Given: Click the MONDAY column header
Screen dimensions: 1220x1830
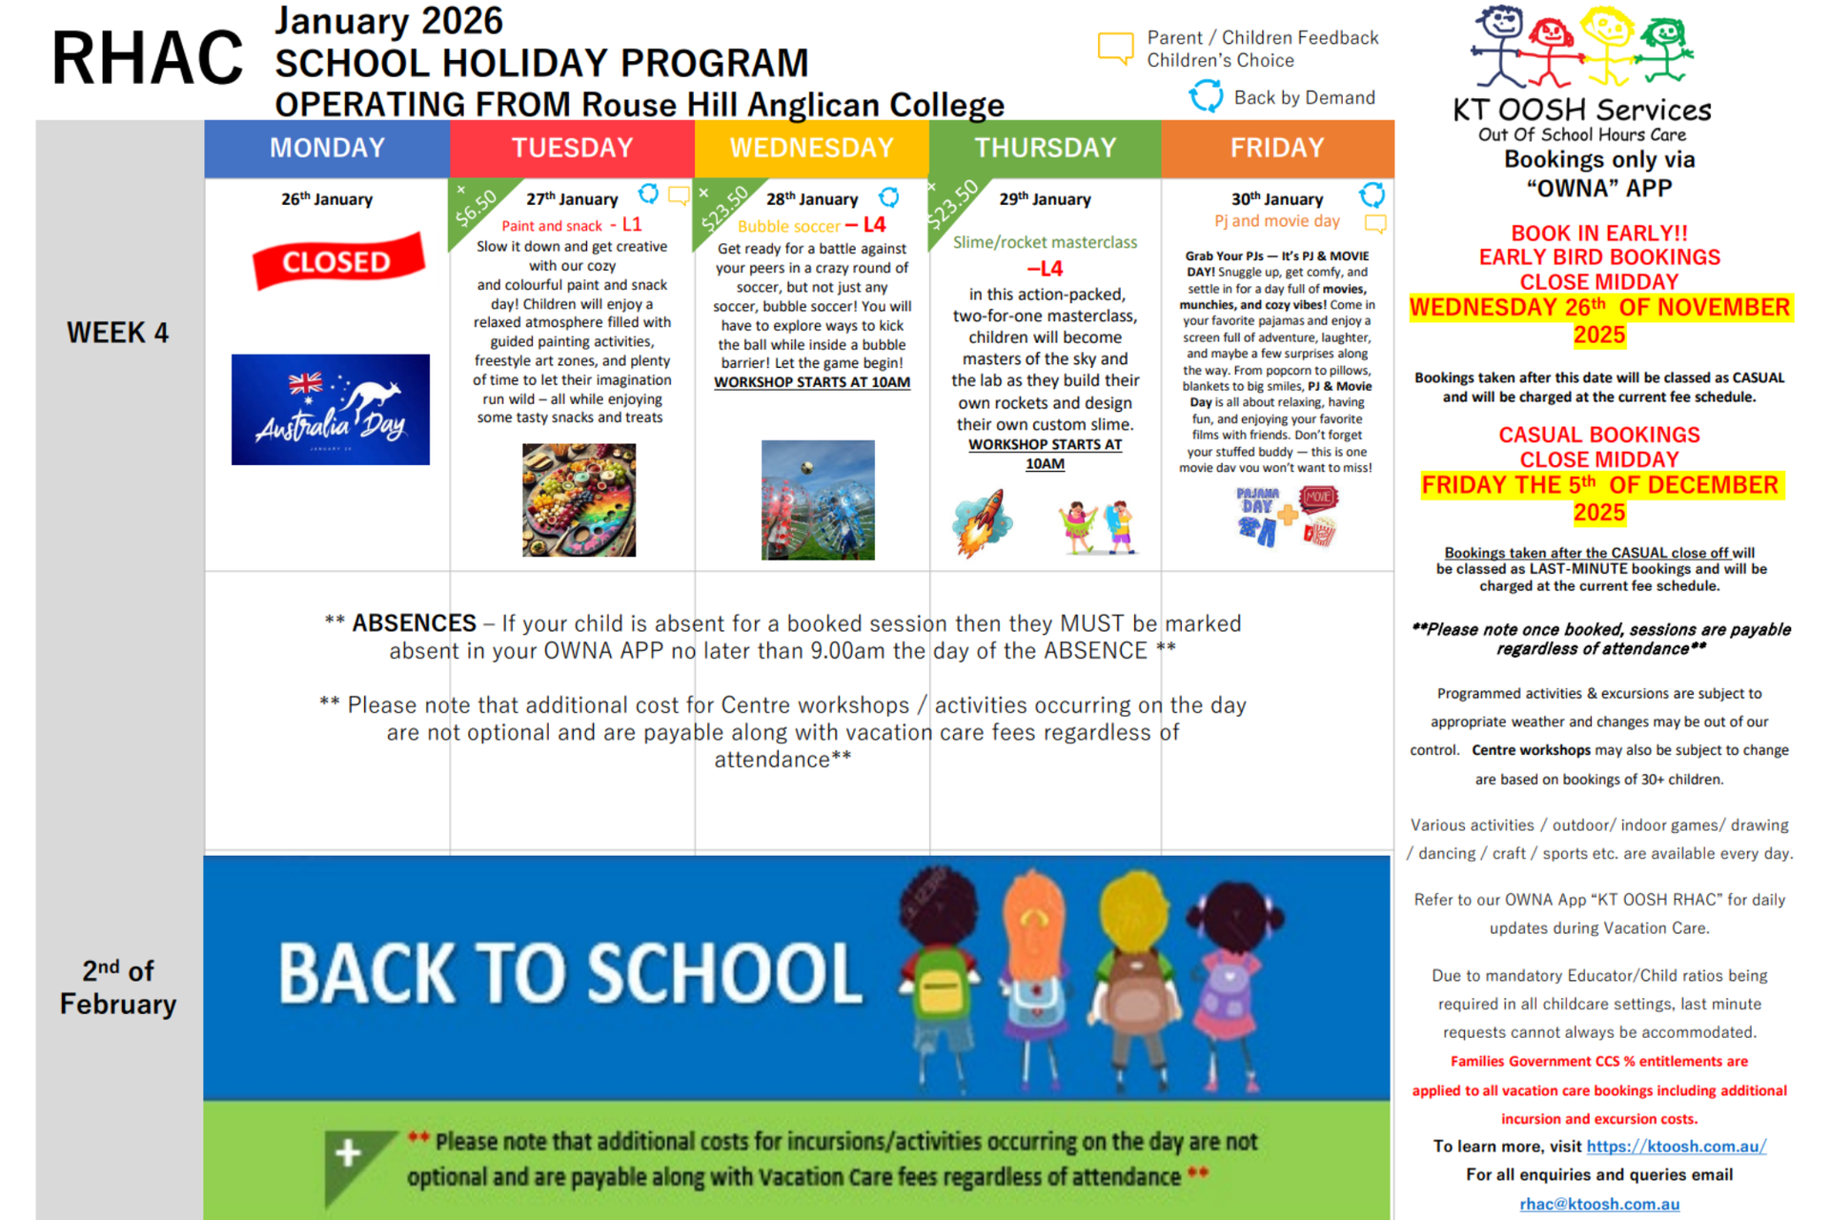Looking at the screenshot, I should pyautogui.click(x=327, y=148).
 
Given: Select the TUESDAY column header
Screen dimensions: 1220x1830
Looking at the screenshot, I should pyautogui.click(x=572, y=148).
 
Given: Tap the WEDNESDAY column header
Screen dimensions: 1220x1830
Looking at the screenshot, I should pyautogui.click(x=812, y=148).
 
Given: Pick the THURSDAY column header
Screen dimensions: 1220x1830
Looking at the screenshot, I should pyautogui.click(x=1045, y=148).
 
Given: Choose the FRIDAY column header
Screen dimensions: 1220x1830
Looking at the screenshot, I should pyautogui.click(x=1277, y=148).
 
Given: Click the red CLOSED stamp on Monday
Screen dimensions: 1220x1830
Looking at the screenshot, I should pyautogui.click(x=337, y=261).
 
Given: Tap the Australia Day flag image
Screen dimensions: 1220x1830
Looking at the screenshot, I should pyautogui.click(x=331, y=410).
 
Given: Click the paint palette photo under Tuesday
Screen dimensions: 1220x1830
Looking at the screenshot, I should pyautogui.click(x=579, y=500).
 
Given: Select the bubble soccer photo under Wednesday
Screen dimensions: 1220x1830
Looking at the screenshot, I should pyautogui.click(x=818, y=499).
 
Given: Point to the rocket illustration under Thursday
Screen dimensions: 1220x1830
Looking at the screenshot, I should pyautogui.click(x=982, y=522).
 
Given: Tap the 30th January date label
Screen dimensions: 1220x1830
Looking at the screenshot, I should pyautogui.click(x=1277, y=199).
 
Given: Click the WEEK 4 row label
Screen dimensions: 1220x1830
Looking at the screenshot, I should pyautogui.click(x=117, y=333).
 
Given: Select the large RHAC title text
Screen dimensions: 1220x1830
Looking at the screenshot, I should pyautogui.click(x=148, y=57).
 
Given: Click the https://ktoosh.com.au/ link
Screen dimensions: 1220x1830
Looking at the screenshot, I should pyautogui.click(x=1676, y=1147).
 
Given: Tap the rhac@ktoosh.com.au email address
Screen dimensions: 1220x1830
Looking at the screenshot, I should pyautogui.click(x=1599, y=1204).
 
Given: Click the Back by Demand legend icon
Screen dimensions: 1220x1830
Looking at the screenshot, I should pyautogui.click(x=1206, y=96).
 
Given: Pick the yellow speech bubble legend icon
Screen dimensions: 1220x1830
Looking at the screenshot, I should pyautogui.click(x=1115, y=47).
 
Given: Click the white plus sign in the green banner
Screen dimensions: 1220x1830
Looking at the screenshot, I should pyautogui.click(x=348, y=1153).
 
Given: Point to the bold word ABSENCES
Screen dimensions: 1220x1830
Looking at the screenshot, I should pyautogui.click(x=414, y=623).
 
